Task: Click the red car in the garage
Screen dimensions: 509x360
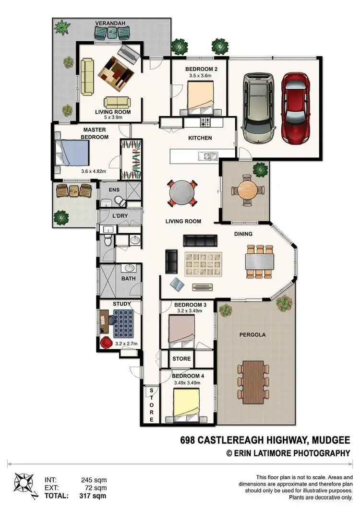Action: pos(295,108)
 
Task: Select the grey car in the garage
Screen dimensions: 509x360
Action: pos(258,108)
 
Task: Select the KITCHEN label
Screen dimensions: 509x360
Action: pos(200,138)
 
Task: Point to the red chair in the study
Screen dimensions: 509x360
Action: pos(106,342)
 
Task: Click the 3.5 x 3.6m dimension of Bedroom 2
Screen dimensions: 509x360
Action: pos(199,76)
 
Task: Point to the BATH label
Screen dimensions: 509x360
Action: pos(129,279)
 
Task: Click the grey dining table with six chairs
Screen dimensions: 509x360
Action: pos(259,262)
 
